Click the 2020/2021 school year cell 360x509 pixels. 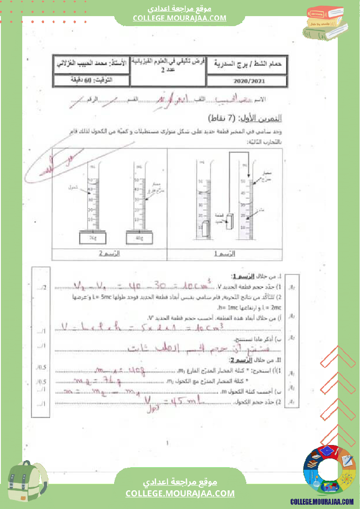[247, 81]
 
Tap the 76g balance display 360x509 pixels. [92, 238]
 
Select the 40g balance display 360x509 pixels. [139, 238]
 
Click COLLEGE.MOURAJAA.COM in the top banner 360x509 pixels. [180, 18]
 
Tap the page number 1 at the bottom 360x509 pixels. [167, 444]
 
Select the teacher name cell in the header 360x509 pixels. [92, 64]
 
